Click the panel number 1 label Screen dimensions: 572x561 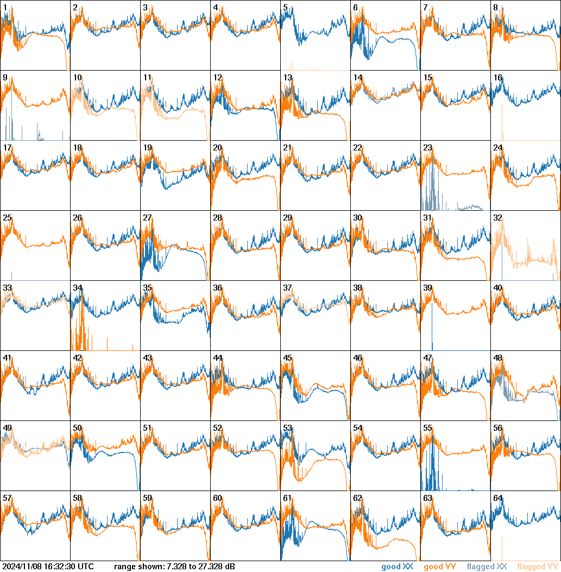click(x=5, y=8)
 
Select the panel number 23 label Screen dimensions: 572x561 click(x=427, y=148)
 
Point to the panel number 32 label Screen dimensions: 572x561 click(x=497, y=218)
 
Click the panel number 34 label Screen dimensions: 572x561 click(x=77, y=288)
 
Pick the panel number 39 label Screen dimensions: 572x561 click(x=427, y=288)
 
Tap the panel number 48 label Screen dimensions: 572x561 click(x=497, y=358)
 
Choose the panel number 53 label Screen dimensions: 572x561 click(x=287, y=428)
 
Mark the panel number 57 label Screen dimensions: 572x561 click(x=7, y=498)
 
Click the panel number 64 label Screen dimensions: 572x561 click(x=497, y=498)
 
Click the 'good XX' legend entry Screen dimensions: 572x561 click(x=399, y=567)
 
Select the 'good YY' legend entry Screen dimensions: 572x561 click(x=440, y=567)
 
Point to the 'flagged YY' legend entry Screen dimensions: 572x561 click(x=537, y=567)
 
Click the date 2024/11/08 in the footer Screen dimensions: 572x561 click(x=22, y=567)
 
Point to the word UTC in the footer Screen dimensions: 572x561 click(x=85, y=567)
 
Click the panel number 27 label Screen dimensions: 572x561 click(x=147, y=218)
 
